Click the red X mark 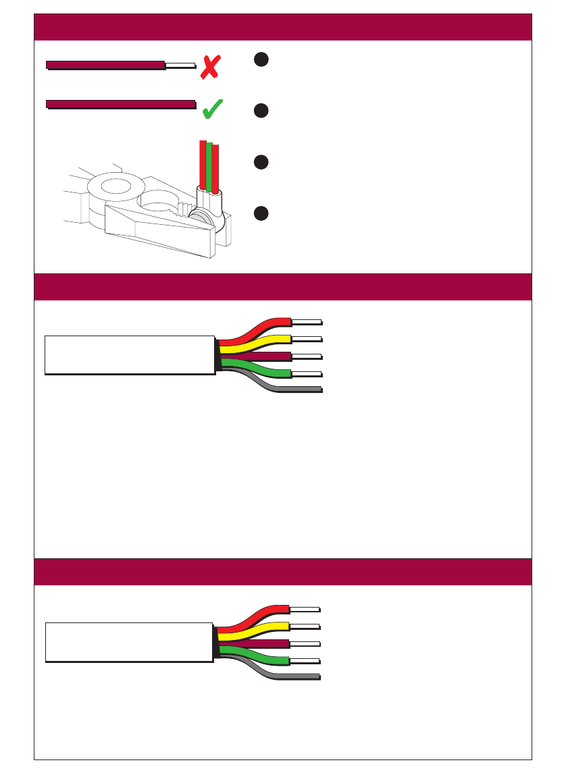tap(210, 68)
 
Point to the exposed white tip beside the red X tap(180, 65)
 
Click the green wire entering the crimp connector tap(209, 165)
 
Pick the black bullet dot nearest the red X tap(262, 59)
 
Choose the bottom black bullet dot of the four tap(262, 213)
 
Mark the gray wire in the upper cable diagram tap(297, 390)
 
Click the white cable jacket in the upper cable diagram tap(128, 354)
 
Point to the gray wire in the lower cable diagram tap(297, 676)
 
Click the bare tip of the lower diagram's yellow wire tap(305, 626)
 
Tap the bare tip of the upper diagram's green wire tap(307, 373)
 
